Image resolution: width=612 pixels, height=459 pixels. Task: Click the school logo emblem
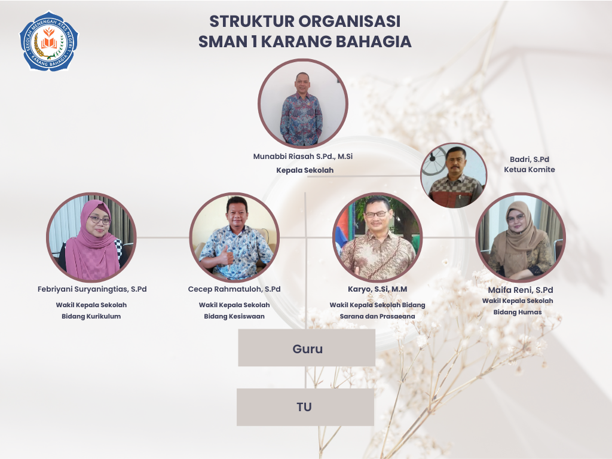click(x=49, y=41)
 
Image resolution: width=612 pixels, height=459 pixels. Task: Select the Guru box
click(x=307, y=347)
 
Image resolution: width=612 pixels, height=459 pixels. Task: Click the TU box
click(x=305, y=406)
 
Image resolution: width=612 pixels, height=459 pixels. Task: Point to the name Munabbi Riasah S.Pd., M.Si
click(x=303, y=157)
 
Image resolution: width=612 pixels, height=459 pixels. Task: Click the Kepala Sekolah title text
click(x=305, y=170)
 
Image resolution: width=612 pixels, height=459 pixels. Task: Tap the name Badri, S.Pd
click(x=530, y=159)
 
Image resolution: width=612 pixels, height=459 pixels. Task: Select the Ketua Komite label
click(x=530, y=169)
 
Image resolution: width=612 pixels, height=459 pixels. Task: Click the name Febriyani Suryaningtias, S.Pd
click(x=92, y=289)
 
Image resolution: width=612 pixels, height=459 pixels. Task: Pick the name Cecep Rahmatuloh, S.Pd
click(x=234, y=289)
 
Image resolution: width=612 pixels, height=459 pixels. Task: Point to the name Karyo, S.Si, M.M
click(x=378, y=289)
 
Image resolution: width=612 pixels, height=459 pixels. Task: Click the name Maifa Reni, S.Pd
click(x=521, y=290)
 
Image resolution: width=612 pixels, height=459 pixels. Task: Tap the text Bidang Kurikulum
click(x=91, y=316)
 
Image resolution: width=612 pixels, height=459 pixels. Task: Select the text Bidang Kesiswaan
click(x=234, y=316)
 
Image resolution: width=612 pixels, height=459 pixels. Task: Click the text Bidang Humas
click(x=518, y=312)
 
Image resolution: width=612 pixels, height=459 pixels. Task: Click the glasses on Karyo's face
click(x=376, y=214)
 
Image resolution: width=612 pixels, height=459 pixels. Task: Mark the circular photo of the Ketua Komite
click(x=454, y=175)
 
